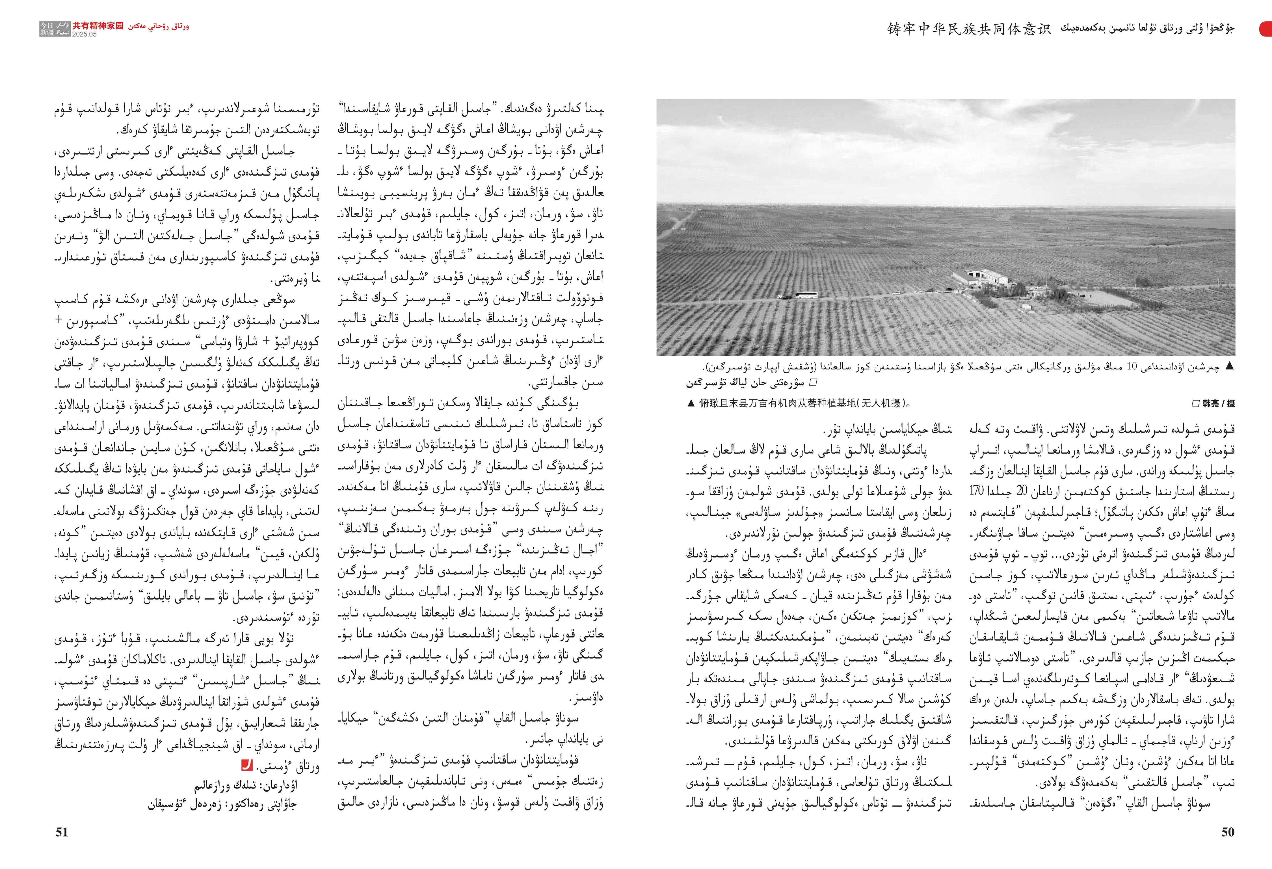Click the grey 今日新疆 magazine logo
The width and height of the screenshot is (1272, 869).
pyautogui.click(x=55, y=29)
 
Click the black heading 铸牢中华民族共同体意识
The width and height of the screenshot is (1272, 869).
pyautogui.click(x=969, y=29)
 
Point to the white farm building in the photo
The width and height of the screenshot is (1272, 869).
pyautogui.click(x=985, y=277)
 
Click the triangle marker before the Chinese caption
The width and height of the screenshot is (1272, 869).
pyautogui.click(x=691, y=403)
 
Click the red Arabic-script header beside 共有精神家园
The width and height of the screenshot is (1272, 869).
pyautogui.click(x=159, y=26)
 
